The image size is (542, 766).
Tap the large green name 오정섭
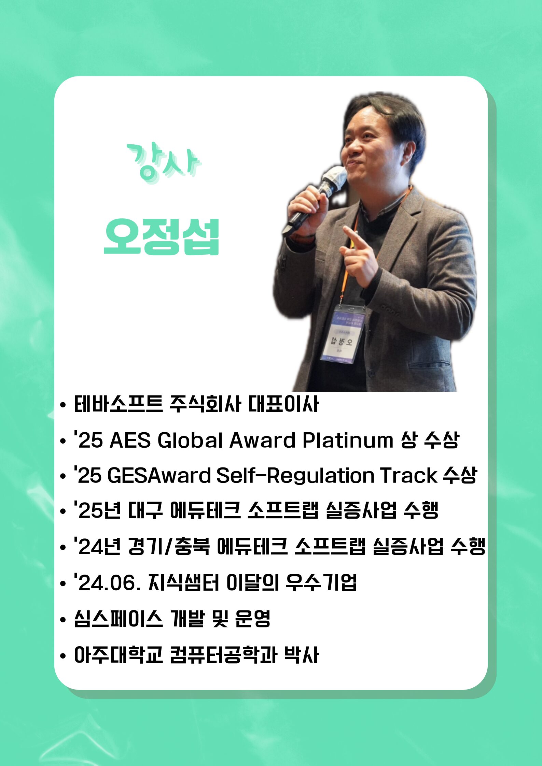tap(162, 237)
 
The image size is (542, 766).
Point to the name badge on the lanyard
tap(342, 334)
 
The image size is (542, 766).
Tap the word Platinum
tap(348, 440)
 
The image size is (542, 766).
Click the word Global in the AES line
tap(190, 440)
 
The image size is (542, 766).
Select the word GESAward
tap(159, 475)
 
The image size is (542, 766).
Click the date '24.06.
tap(107, 582)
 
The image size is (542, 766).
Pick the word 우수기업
tap(321, 582)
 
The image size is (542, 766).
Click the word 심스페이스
tap(119, 618)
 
